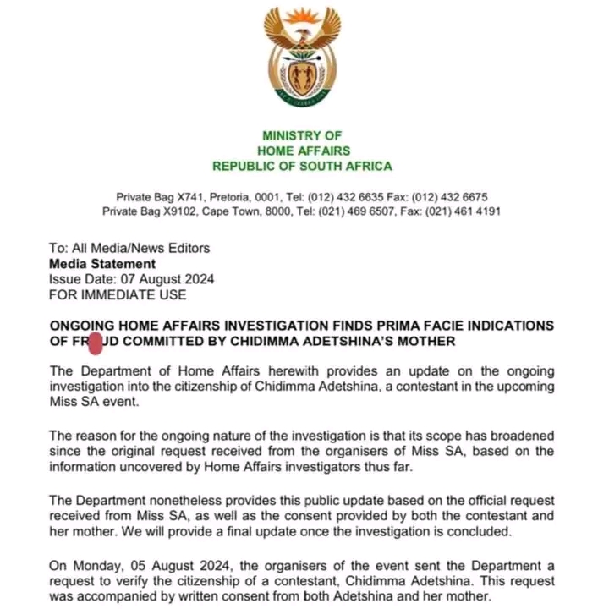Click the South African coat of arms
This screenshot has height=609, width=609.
(x=303, y=58)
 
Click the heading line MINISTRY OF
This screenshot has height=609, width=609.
(x=302, y=135)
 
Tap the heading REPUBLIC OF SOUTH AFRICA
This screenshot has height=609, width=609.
(x=302, y=166)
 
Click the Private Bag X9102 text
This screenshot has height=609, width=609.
(x=150, y=211)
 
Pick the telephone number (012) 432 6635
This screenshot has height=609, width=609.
(x=348, y=196)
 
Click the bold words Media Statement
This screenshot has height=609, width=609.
(x=102, y=263)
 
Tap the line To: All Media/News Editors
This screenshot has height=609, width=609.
(x=129, y=248)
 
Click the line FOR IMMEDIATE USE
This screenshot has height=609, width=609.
(x=118, y=294)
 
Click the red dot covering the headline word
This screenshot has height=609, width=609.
(x=95, y=343)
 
